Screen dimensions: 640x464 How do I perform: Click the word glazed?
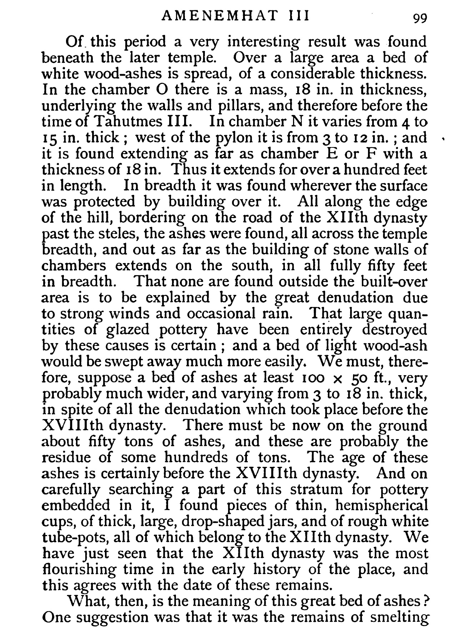click(128, 329)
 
